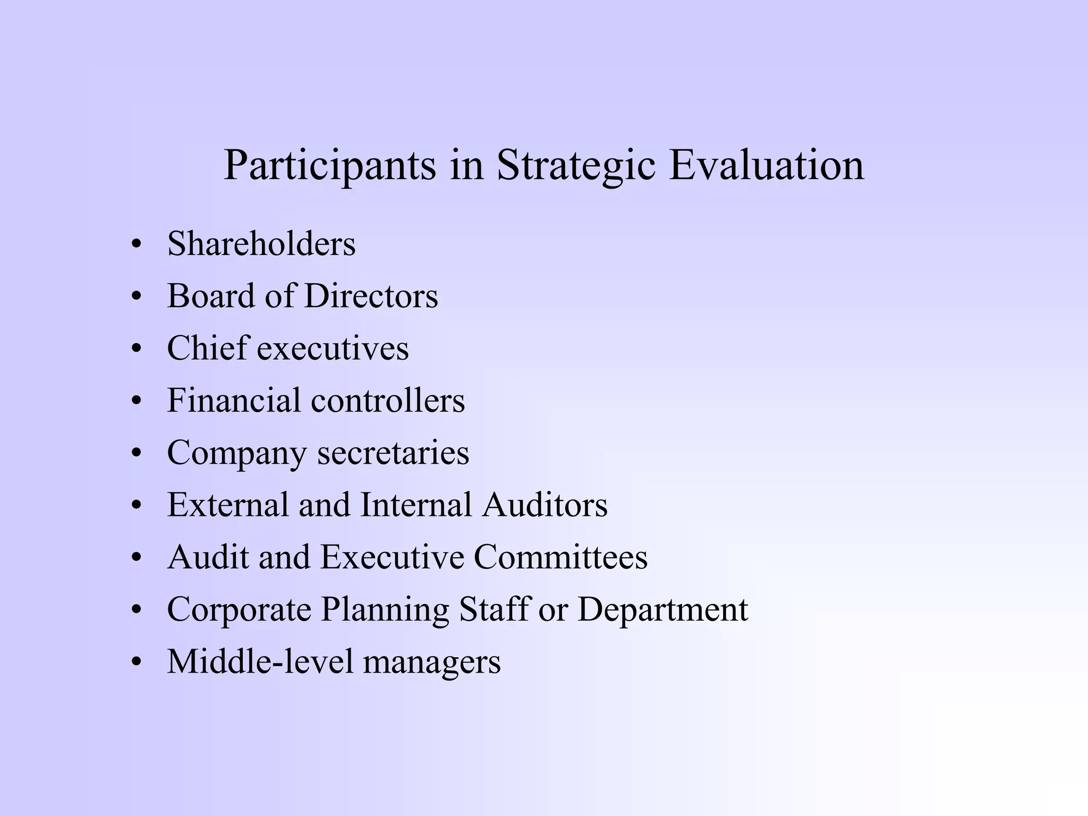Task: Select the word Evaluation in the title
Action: (766, 165)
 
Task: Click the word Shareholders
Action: (261, 244)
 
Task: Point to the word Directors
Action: (371, 296)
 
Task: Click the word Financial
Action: (234, 400)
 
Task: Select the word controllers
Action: (388, 400)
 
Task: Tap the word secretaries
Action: (393, 453)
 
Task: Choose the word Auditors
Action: (545, 504)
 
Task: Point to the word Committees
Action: (560, 557)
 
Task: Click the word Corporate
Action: (239, 609)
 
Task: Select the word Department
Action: (663, 610)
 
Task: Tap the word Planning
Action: (385, 610)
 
